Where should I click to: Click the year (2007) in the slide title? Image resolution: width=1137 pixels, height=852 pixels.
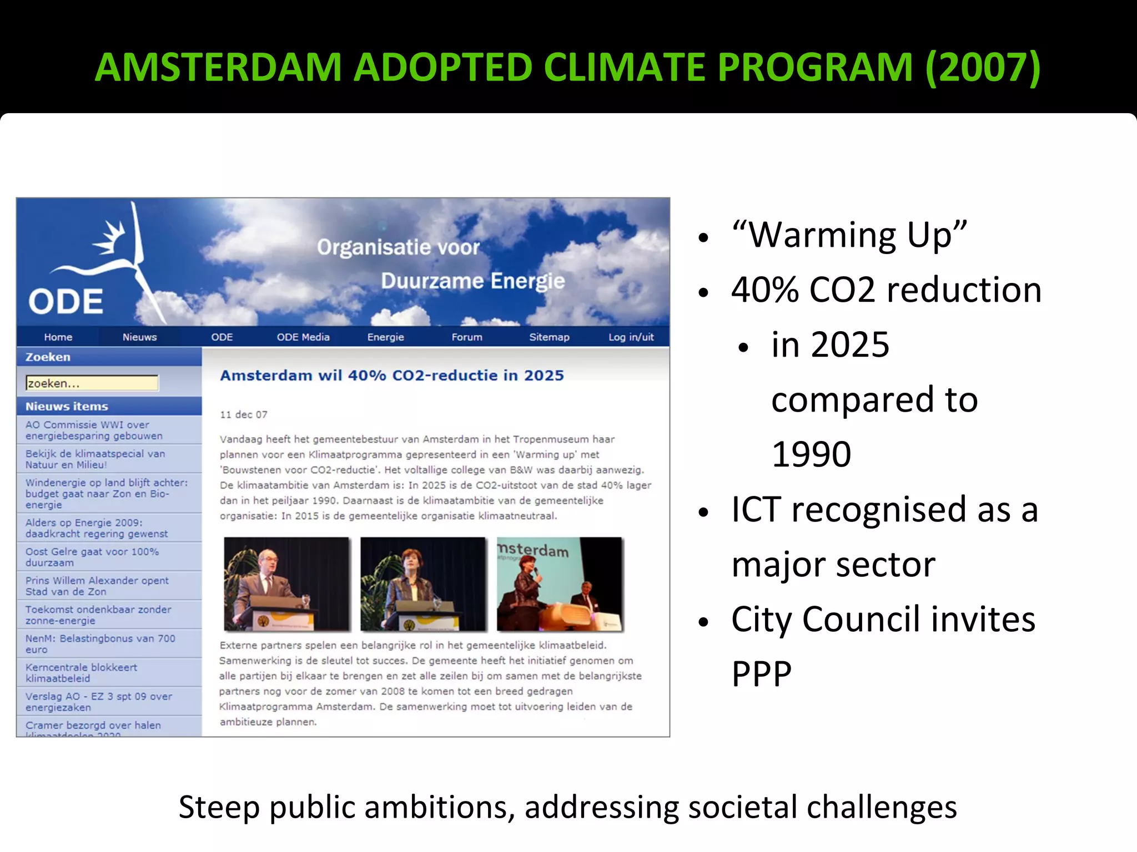(x=983, y=68)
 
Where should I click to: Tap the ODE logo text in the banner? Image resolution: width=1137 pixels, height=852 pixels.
(x=66, y=302)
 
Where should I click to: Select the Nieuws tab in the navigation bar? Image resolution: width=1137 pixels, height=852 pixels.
(x=139, y=337)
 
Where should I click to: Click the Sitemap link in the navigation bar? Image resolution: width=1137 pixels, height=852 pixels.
(x=549, y=337)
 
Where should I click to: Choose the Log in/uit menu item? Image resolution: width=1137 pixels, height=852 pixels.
(x=631, y=337)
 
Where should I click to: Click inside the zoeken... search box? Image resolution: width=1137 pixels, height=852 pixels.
(x=92, y=383)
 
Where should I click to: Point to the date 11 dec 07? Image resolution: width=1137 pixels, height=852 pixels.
(x=243, y=414)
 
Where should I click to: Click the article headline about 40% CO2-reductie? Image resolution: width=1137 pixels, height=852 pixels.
(x=391, y=376)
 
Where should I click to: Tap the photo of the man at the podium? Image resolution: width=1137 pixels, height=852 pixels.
(x=286, y=584)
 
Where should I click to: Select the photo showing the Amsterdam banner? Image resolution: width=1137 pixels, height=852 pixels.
(x=559, y=584)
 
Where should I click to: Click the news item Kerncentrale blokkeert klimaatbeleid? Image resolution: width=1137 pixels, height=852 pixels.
(x=81, y=672)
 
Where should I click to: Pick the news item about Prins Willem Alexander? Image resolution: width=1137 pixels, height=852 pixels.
(x=97, y=586)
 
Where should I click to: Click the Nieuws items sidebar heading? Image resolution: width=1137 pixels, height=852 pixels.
(x=67, y=406)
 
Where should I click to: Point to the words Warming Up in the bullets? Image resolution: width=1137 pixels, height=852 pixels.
(x=849, y=235)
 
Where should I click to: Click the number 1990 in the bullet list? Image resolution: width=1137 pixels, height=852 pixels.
(x=811, y=454)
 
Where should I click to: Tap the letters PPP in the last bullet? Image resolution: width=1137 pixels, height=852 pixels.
(x=761, y=673)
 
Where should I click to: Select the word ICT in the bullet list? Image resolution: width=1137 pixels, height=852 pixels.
(x=756, y=509)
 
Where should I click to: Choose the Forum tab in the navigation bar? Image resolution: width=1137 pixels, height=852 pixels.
(x=466, y=337)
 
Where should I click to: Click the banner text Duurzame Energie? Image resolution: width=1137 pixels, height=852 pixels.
(x=472, y=281)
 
